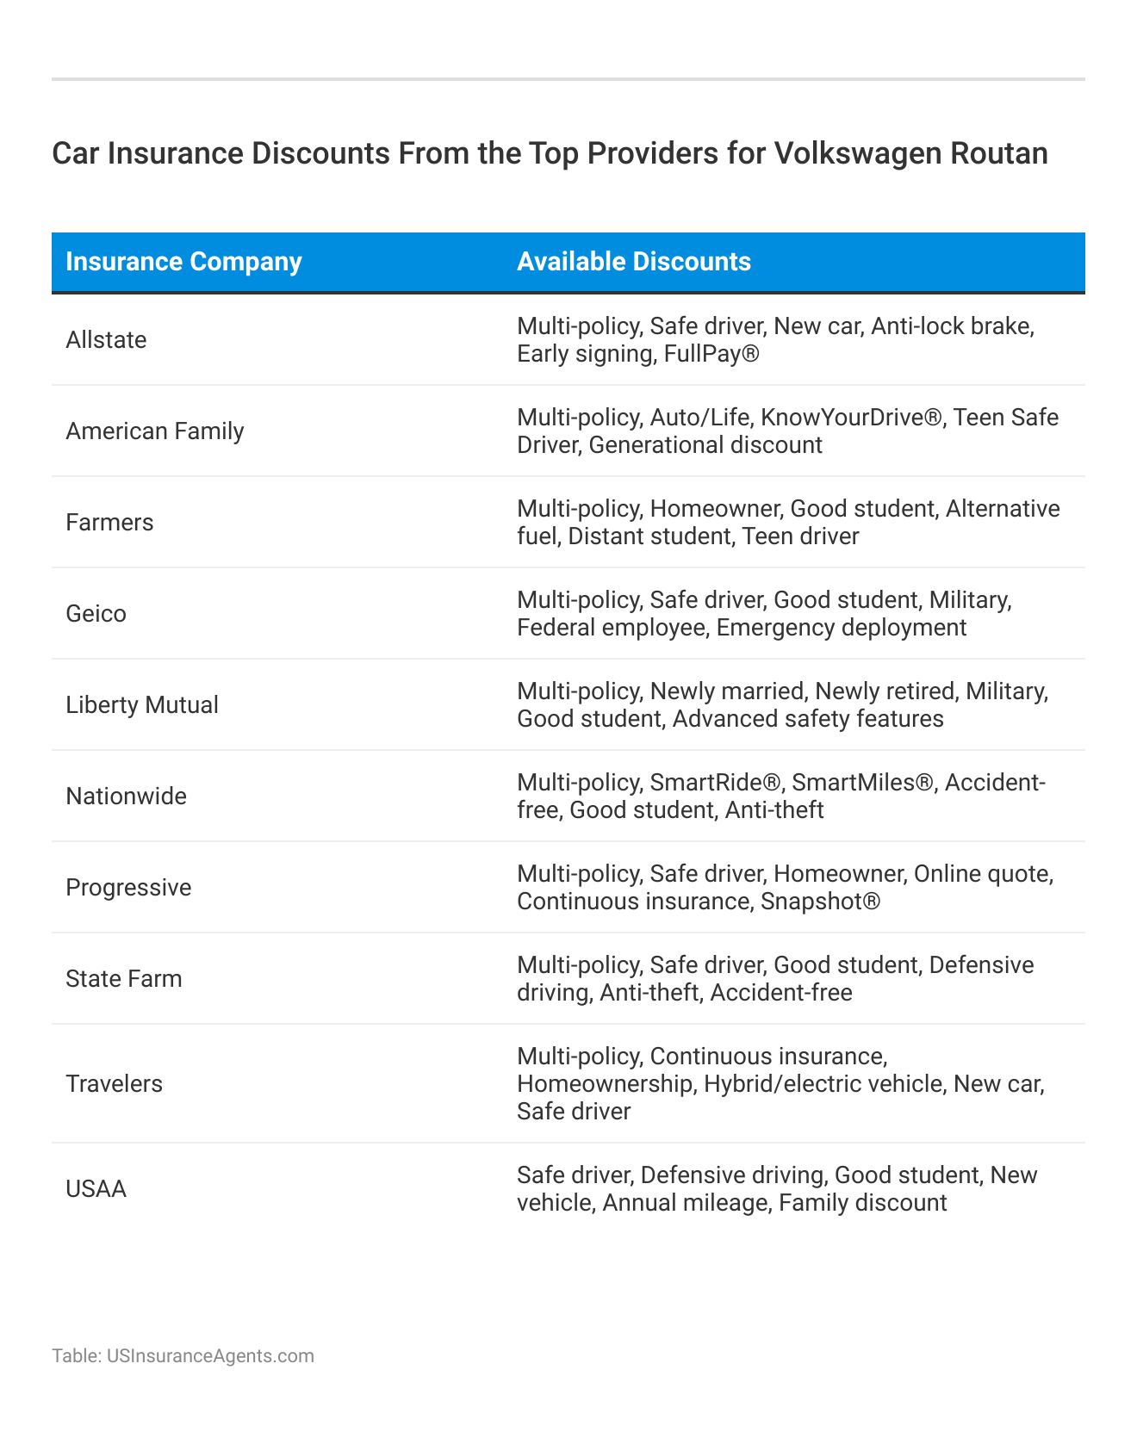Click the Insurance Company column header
tap(183, 262)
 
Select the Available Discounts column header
tap(633, 262)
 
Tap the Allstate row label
tap(106, 340)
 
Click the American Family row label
tap(155, 431)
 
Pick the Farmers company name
tap(109, 523)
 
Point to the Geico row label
tap(96, 614)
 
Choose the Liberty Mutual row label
tap(142, 705)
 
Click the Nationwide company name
tap(126, 796)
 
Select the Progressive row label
tap(128, 888)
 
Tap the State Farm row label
tap(124, 979)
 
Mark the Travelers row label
tap(114, 1084)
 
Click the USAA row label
tap(96, 1189)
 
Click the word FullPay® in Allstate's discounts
tap(711, 354)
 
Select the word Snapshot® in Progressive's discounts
tap(820, 902)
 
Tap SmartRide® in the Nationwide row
tap(715, 783)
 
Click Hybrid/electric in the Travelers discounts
tap(780, 1084)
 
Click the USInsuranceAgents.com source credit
tap(210, 1356)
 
